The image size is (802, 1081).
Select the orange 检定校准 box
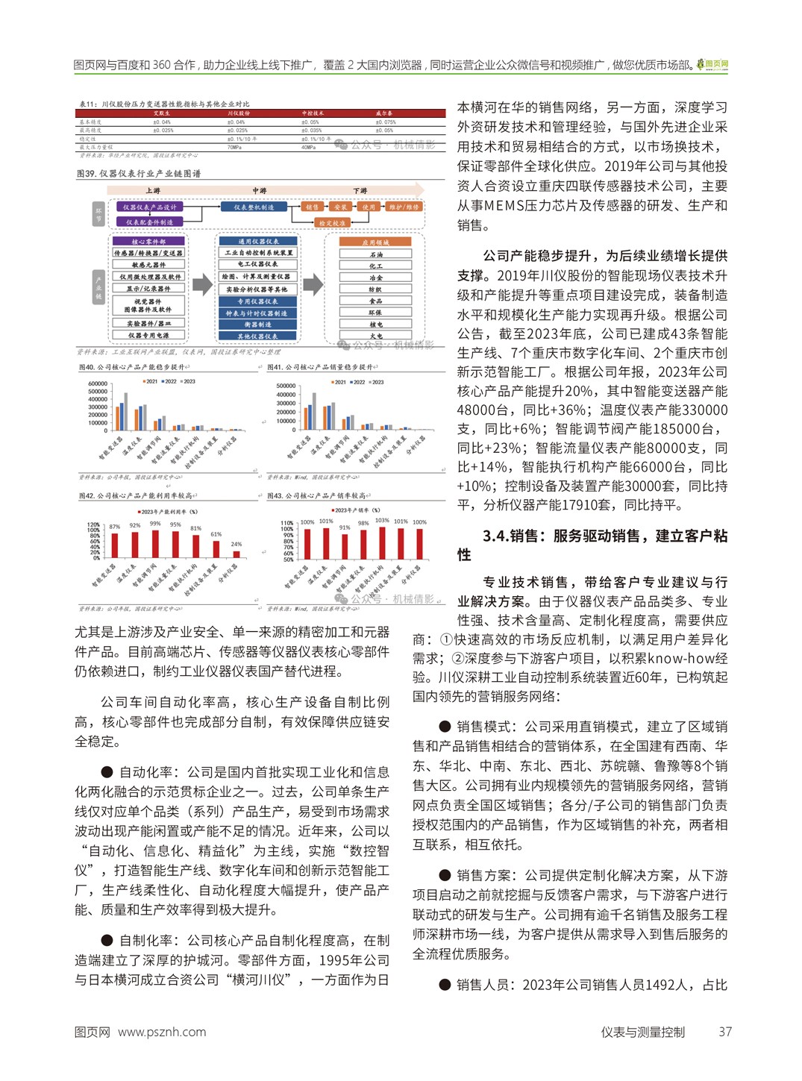[332, 223]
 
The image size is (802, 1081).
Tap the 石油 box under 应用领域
[375, 254]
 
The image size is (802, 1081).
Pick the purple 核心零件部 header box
[148, 241]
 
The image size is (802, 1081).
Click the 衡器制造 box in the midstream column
[257, 325]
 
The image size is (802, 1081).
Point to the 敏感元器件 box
[148, 265]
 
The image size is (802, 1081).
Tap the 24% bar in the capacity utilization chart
[236, 554]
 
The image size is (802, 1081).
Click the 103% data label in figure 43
[382, 521]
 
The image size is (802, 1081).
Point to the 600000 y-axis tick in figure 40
[98, 384]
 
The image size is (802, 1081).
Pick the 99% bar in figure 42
[155, 542]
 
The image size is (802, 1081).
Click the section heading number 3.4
[496, 536]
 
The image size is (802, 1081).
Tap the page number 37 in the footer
[725, 1032]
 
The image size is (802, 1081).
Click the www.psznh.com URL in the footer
[162, 1032]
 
